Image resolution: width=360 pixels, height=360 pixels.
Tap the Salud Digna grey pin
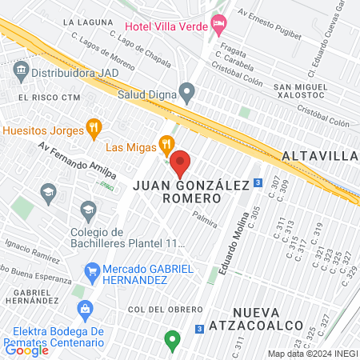(187, 93)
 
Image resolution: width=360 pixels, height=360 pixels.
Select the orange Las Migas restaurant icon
(166, 145)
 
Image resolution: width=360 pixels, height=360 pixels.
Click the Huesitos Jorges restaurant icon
(94, 128)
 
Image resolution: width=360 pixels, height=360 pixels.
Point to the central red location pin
(180, 164)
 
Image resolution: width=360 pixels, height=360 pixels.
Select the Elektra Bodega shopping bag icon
(80, 310)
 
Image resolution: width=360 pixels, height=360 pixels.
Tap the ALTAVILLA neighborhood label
(319, 155)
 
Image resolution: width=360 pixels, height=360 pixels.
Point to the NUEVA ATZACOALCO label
(268, 318)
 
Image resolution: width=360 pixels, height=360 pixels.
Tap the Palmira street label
(206, 215)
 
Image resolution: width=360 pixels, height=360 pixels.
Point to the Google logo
(26, 350)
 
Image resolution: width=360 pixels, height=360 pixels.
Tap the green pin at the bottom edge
(170, 341)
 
